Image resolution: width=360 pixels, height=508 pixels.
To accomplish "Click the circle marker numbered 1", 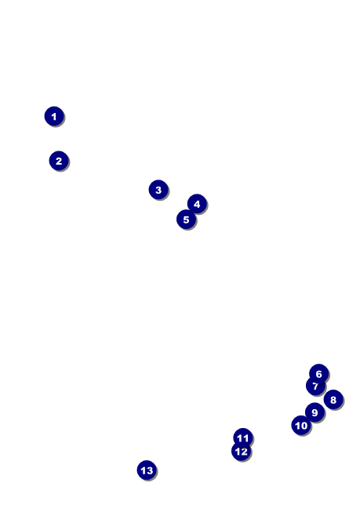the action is (x=54, y=116).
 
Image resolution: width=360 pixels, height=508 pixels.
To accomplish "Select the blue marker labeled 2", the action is (x=59, y=161).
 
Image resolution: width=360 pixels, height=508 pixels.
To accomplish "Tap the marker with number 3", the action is (x=158, y=190).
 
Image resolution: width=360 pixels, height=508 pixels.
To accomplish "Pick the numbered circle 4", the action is (x=197, y=204).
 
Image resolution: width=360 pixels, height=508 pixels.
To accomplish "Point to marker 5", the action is (x=187, y=220).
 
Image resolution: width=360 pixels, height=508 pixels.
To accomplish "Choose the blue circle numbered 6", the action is (x=319, y=373).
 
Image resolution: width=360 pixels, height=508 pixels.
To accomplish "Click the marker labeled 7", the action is (x=315, y=386).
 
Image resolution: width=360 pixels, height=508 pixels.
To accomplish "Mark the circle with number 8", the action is (x=333, y=400).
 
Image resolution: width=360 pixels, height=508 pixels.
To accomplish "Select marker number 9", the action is (x=315, y=412).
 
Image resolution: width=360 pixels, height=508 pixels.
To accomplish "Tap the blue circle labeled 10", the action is (x=301, y=425).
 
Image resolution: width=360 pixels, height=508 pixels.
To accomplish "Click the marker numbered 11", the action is (x=243, y=438).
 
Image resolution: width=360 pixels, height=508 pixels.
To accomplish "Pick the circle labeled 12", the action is (x=242, y=451).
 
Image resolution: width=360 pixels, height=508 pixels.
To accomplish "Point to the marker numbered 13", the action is (x=147, y=470).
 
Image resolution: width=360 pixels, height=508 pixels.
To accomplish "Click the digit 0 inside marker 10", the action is (x=304, y=426).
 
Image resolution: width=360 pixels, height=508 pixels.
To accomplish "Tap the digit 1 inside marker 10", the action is (x=298, y=426).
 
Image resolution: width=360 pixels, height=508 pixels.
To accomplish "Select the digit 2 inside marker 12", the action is (x=245, y=452).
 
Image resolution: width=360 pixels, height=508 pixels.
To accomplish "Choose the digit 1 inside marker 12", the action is (x=238, y=452).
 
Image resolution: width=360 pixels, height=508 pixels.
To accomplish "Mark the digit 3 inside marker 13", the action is (x=150, y=470).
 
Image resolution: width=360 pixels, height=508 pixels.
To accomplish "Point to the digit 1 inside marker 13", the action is (x=144, y=470).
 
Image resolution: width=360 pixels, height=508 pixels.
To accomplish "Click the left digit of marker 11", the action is (x=240, y=438).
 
